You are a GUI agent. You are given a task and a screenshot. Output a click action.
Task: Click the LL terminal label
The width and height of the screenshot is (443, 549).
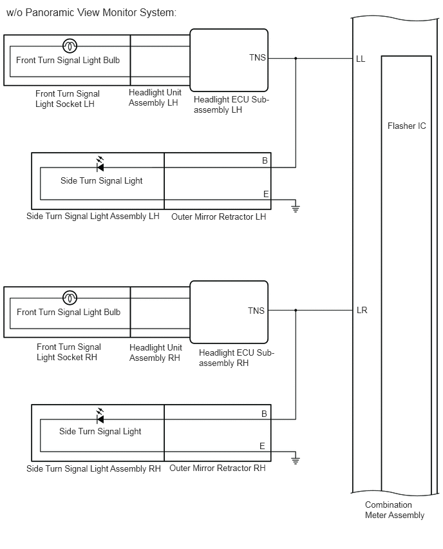361,59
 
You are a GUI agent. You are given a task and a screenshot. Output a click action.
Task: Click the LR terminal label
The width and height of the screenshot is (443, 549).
362,310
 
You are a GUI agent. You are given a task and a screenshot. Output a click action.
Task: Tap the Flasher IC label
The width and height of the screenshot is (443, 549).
406,126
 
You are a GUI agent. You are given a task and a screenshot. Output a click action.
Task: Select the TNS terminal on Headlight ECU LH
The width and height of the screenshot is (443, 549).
257,57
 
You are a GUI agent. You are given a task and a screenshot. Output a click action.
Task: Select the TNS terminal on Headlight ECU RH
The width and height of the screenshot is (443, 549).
256,311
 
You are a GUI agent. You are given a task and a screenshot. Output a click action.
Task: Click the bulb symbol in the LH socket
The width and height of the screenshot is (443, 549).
70,46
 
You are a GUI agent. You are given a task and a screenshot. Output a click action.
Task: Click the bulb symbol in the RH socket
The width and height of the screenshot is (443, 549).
70,298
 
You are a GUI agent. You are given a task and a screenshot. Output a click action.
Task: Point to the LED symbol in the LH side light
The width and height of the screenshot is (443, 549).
100,164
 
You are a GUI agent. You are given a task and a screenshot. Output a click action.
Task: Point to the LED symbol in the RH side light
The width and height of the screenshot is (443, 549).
100,416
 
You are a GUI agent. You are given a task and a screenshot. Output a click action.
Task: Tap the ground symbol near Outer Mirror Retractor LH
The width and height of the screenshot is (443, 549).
296,207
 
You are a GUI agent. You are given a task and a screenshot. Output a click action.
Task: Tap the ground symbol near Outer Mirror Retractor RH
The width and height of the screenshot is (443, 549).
296,459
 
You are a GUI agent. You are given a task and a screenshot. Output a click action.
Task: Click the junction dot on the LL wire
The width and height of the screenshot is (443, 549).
296,59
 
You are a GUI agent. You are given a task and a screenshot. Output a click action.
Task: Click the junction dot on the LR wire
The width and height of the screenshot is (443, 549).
296,310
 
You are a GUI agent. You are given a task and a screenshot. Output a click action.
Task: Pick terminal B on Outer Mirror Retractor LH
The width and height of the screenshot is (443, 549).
265,160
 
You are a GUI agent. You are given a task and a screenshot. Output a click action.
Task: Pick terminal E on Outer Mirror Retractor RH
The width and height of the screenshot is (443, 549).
262,446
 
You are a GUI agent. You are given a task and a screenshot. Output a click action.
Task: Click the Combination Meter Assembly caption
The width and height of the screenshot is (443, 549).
394,510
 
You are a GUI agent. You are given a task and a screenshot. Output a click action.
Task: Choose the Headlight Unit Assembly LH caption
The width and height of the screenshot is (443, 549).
155,98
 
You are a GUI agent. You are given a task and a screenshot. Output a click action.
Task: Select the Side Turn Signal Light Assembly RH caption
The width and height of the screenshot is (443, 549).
93,469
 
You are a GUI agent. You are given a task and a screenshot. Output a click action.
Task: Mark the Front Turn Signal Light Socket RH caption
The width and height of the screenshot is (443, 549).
69,352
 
